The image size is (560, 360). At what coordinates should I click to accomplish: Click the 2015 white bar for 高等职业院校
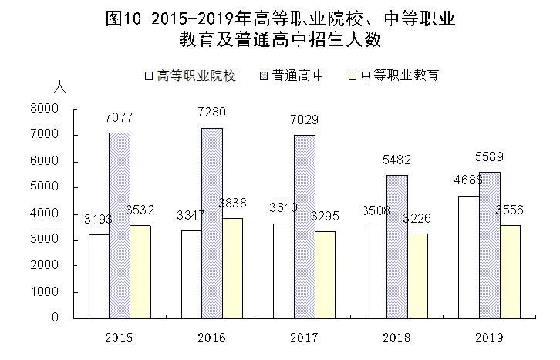click(x=99, y=276)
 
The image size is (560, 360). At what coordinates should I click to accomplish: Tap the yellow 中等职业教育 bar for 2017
click(x=325, y=274)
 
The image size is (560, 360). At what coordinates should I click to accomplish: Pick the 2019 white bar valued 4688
click(x=468, y=257)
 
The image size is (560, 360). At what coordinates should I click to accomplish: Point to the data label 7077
click(x=119, y=116)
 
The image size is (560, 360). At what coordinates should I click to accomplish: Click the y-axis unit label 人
click(x=60, y=87)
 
